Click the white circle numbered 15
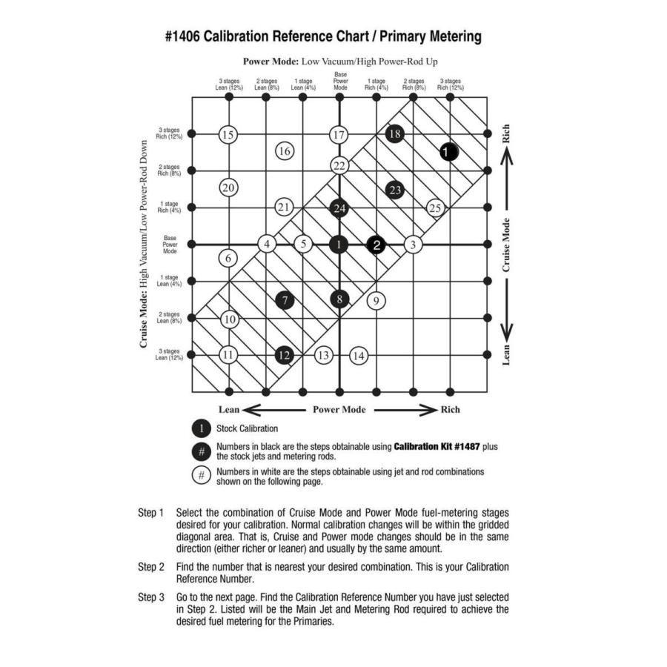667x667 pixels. pos(228,134)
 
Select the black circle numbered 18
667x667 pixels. pos(395,133)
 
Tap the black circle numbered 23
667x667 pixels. pos(395,190)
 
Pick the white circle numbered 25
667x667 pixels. pos(435,208)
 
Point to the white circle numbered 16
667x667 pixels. pos(285,151)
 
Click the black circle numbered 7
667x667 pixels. pos(285,300)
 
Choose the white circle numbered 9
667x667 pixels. pos(376,300)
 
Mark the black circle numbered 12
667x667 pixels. pos(285,355)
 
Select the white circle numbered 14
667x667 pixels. pos(359,355)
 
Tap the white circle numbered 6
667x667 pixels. pos(228,258)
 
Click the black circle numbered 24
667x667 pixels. pos(339,208)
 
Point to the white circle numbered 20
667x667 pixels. pos(228,188)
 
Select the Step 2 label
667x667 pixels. pos(151,567)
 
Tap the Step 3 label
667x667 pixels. pos(151,596)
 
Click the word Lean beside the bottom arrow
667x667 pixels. pos(229,409)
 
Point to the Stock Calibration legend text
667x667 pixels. pos(247,428)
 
